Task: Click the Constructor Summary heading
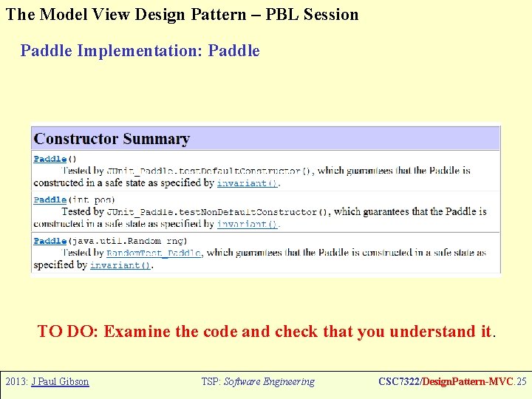click(112, 139)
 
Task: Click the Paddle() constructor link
click(50, 159)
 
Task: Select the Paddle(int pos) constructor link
click(50, 200)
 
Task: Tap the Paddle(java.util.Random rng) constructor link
click(50, 242)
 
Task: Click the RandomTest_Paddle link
click(154, 253)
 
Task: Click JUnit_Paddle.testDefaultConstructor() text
click(209, 171)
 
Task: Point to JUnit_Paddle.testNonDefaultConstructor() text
click(218, 212)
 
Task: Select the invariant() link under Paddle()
click(248, 183)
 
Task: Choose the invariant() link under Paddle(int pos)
click(248, 224)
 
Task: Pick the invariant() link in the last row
click(120, 265)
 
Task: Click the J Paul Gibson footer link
click(60, 382)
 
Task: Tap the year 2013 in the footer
click(16, 382)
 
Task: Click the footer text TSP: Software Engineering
click(258, 382)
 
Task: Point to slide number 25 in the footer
click(522, 382)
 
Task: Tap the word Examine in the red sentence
click(134, 332)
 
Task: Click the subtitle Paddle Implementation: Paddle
click(140, 51)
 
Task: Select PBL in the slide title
click(276, 14)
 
